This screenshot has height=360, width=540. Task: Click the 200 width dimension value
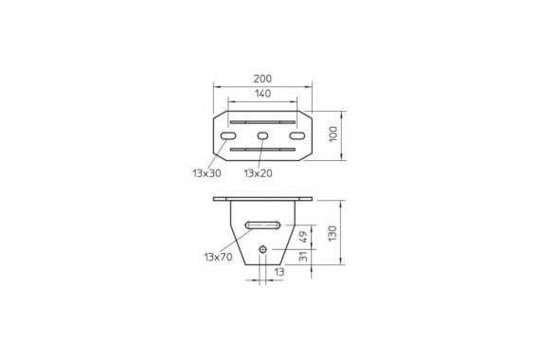click(262, 79)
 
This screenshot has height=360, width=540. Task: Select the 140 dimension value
click(262, 94)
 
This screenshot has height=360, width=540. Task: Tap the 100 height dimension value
click(333, 134)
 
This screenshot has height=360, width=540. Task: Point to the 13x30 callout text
click(207, 173)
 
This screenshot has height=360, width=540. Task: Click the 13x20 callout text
click(258, 173)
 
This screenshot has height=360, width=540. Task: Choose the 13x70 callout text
click(218, 257)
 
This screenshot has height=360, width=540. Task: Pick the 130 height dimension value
click(333, 234)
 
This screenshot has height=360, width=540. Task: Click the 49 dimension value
click(303, 237)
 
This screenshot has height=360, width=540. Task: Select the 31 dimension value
click(303, 257)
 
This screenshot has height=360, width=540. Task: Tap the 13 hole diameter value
click(279, 272)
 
